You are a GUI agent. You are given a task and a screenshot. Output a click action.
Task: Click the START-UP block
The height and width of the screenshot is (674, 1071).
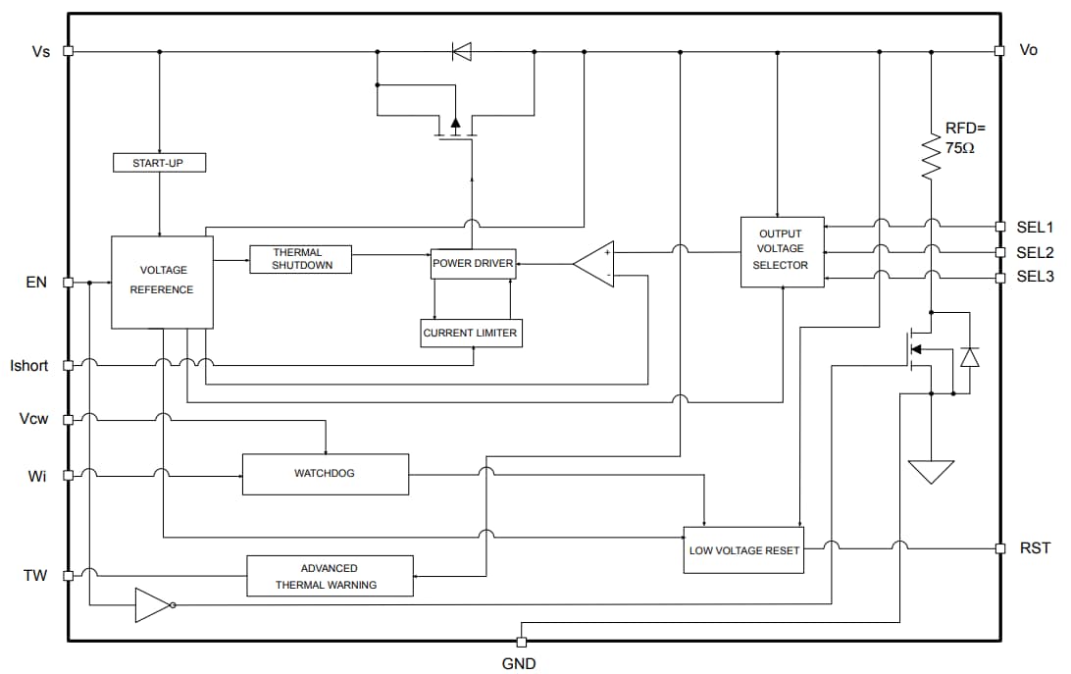157,163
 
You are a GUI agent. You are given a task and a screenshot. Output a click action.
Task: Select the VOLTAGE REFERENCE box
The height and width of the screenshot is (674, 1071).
162,282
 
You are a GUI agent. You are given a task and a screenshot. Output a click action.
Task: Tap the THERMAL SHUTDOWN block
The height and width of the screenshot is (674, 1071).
300,259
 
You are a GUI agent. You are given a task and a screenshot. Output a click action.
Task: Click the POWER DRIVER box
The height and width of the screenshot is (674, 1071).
473,264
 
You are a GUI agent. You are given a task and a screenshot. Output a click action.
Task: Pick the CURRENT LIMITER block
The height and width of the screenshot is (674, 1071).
470,334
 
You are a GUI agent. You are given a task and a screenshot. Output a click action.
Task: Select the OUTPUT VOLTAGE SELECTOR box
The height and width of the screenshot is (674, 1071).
782,252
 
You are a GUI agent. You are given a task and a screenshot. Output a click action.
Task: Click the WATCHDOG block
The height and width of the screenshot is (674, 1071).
325,474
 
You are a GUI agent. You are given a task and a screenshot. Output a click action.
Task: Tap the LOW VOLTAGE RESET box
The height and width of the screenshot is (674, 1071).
744,550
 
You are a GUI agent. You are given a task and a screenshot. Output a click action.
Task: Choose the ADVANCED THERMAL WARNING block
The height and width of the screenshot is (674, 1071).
330,576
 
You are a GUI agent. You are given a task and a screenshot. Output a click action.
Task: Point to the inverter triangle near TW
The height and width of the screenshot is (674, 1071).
152,605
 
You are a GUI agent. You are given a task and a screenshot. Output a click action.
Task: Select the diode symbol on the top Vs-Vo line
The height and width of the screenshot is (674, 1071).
461,51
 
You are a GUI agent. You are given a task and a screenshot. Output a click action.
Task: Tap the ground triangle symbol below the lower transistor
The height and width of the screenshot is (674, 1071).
931,472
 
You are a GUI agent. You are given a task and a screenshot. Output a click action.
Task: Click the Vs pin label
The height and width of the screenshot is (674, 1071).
41,51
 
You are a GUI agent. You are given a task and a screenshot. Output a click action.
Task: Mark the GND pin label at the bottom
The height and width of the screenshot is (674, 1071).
519,664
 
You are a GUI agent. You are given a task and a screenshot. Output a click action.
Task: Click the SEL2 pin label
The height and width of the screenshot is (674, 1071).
1035,252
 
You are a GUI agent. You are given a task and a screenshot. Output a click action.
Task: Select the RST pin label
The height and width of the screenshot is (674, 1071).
1036,547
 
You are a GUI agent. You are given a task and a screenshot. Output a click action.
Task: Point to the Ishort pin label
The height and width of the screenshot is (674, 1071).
29,366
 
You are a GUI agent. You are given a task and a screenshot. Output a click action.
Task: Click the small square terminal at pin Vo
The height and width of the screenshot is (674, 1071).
999,51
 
